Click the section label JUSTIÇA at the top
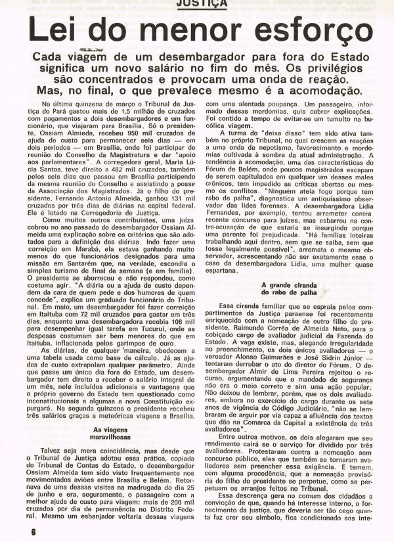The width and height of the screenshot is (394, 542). pyautogui.click(x=197, y=3)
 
